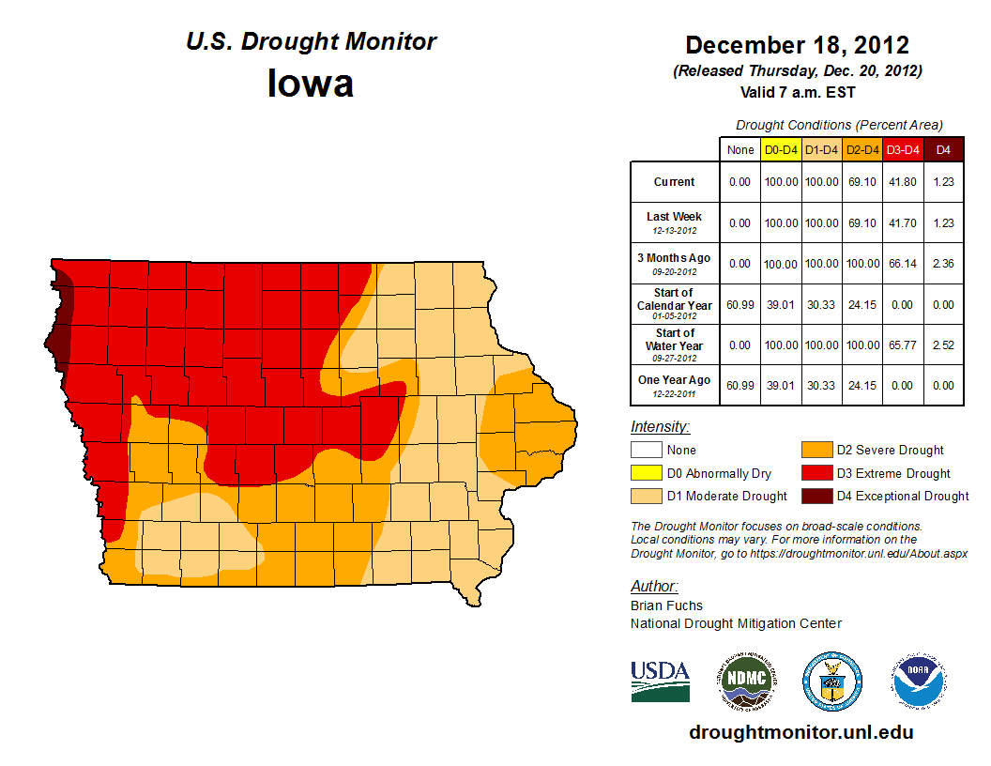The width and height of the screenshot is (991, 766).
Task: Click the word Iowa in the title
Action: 311,84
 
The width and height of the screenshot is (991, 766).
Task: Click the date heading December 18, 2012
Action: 797,45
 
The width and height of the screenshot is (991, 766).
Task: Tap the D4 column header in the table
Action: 943,149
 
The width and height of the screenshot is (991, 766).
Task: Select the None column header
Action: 740,149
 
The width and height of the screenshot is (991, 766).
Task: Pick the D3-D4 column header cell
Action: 903,149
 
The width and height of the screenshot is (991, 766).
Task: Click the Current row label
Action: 675,182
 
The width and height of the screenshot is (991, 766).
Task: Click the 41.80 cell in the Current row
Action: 903,182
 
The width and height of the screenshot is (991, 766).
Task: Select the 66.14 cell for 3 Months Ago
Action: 903,264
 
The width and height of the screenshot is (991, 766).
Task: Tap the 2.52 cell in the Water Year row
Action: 943,345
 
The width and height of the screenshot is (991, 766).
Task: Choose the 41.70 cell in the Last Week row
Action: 903,223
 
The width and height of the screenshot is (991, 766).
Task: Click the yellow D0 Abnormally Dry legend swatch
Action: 646,473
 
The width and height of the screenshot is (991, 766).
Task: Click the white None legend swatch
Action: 646,450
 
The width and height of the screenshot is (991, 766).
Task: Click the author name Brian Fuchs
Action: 666,605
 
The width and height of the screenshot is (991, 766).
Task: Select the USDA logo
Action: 660,681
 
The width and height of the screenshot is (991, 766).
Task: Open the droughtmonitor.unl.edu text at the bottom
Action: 800,732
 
